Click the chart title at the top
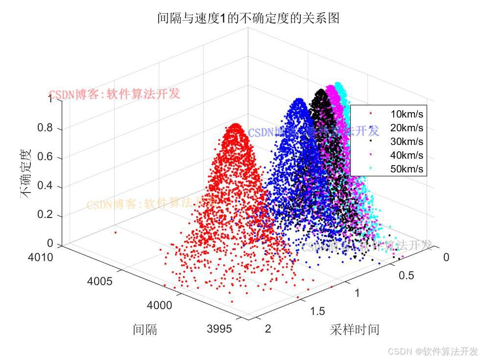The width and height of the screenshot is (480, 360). coord(248,19)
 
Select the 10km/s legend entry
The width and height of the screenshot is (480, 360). coord(407,114)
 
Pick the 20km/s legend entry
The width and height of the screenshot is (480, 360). coord(407,128)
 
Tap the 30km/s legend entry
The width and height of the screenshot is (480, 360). coord(407,142)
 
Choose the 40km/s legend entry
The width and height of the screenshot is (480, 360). coord(407,155)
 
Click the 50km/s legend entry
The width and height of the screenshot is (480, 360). coord(407,169)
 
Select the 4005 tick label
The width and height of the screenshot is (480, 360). coord(100,281)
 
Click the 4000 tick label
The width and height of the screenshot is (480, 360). coord(159,305)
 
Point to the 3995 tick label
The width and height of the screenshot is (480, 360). coord(219,329)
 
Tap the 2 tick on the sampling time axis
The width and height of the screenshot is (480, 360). coord(268,329)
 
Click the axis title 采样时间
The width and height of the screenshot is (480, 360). coord(355,329)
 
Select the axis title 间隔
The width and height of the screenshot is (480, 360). coord(145,329)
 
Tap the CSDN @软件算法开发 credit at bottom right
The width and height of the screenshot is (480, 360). coord(432,351)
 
